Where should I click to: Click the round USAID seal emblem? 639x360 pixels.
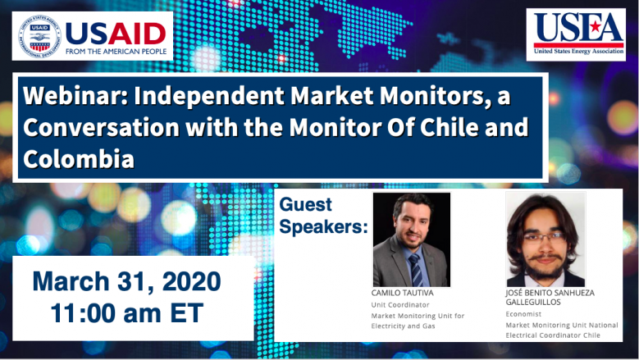click(39, 36)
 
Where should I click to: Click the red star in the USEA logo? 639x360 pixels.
click(596, 27)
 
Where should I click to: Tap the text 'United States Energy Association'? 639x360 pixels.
click(578, 52)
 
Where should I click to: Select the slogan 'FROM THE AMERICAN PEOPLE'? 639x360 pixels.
click(116, 52)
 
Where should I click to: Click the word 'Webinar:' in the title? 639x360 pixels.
click(75, 96)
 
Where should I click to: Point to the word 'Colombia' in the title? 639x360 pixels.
click(79, 159)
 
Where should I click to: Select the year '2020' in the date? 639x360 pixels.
click(192, 281)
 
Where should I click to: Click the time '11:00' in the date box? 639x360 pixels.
click(83, 313)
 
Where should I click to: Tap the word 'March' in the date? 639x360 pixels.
click(71, 281)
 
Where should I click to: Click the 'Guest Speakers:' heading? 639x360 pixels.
click(323, 216)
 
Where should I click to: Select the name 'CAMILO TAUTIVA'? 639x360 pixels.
click(402, 293)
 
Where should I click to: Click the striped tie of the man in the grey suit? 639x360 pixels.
click(415, 270)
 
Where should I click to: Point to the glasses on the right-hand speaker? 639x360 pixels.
click(545, 237)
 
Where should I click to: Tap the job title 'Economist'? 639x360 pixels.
click(523, 314)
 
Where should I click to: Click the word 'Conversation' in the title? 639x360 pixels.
click(102, 127)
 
